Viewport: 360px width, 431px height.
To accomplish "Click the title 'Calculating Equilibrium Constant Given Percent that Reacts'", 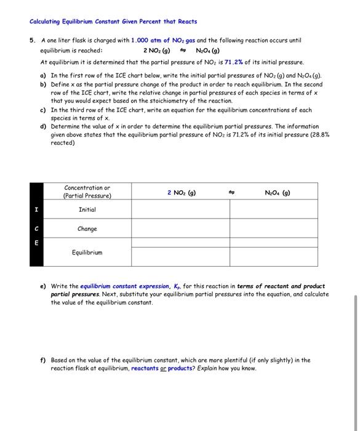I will pyautogui.click(x=113, y=22).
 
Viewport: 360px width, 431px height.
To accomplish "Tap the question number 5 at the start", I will pyautogui.click(x=32, y=40).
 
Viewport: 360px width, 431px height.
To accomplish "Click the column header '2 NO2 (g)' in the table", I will pyautogui.click(x=182, y=192).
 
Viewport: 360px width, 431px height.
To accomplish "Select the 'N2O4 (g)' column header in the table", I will pyautogui.click(x=277, y=192).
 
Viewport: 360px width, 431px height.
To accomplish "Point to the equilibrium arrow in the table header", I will pyautogui.click(x=230, y=192).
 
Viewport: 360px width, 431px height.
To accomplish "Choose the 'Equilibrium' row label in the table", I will pyautogui.click(x=87, y=252).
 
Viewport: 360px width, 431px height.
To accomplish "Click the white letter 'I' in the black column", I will pyautogui.click(x=36, y=210).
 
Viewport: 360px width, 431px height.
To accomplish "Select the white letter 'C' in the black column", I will pyautogui.click(x=36, y=229).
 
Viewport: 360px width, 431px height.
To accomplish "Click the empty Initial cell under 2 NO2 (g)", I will pyautogui.click(x=182, y=210).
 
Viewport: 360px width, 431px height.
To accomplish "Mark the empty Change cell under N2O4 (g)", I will pyautogui.click(x=277, y=229).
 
